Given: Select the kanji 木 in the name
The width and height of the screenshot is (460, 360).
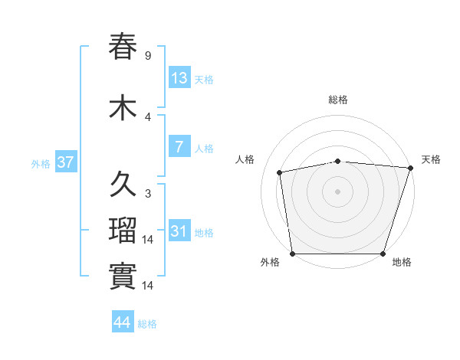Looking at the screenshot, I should tap(123, 108).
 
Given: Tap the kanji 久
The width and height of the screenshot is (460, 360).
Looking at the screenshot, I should tap(123, 185).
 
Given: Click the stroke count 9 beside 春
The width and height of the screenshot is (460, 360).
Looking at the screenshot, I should tap(147, 55).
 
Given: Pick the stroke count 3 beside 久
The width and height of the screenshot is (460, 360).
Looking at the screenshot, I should tap(147, 194).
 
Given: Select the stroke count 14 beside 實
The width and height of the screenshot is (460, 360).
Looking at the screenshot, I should tap(149, 286).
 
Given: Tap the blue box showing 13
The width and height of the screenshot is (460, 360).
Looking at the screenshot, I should tap(179, 78).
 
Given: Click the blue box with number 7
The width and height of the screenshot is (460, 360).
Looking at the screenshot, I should tap(179, 147).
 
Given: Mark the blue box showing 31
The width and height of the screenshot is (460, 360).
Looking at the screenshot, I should tap(179, 231).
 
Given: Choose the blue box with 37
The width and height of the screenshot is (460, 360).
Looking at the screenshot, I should tap(65, 162).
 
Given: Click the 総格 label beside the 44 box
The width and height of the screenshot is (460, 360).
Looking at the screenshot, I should tap(147, 324).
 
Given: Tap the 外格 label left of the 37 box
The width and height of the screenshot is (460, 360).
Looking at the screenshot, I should tap(41, 163).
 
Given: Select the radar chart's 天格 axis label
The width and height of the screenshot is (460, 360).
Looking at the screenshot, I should tap(431, 159).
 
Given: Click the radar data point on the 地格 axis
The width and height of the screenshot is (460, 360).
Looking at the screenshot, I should tap(383, 253).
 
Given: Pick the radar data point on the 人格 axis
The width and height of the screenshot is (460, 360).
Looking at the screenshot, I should tap(280, 172).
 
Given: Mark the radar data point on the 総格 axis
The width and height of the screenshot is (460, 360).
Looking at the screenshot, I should tap(338, 161).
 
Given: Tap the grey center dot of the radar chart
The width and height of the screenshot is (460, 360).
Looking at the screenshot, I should tap(338, 191).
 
